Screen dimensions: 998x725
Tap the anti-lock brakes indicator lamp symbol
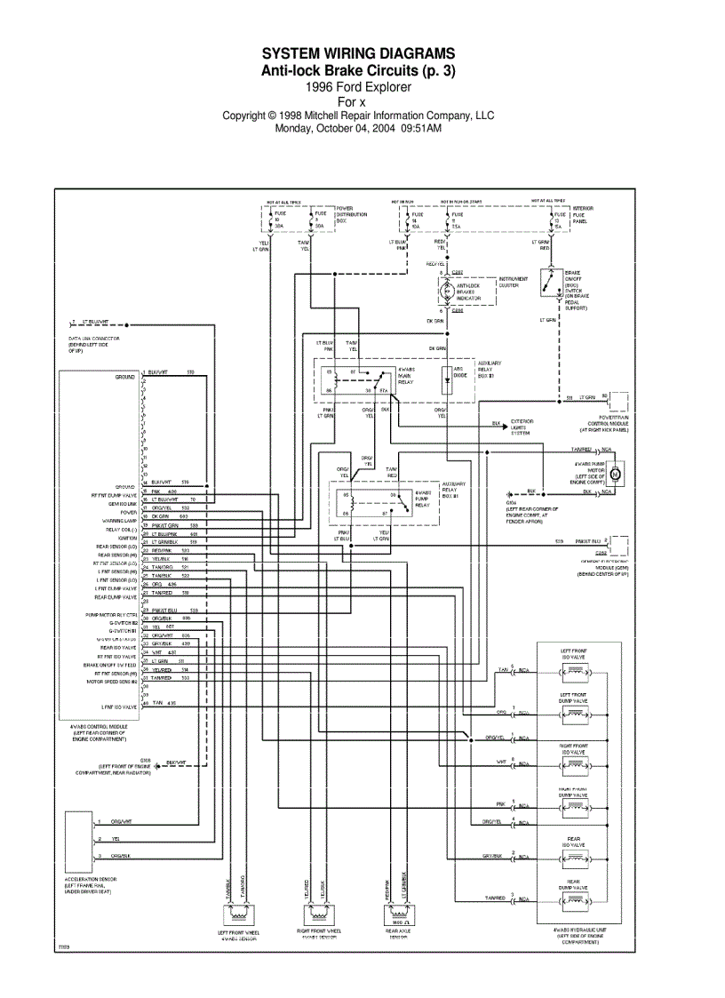point(447,291)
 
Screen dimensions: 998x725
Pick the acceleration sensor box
point(77,841)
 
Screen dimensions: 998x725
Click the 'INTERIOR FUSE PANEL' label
point(583,213)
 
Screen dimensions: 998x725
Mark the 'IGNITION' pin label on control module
point(126,538)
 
